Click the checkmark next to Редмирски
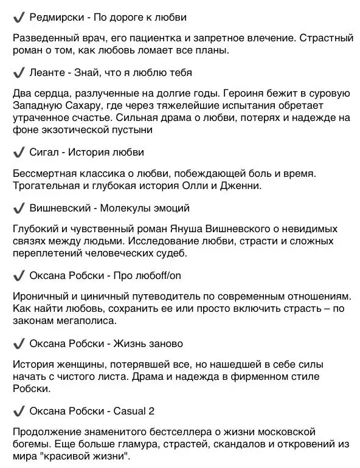[18, 17]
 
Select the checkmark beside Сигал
[18, 151]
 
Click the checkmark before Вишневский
[18, 208]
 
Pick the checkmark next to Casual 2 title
[18, 411]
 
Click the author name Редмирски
[58, 17]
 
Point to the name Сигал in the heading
[44, 151]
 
